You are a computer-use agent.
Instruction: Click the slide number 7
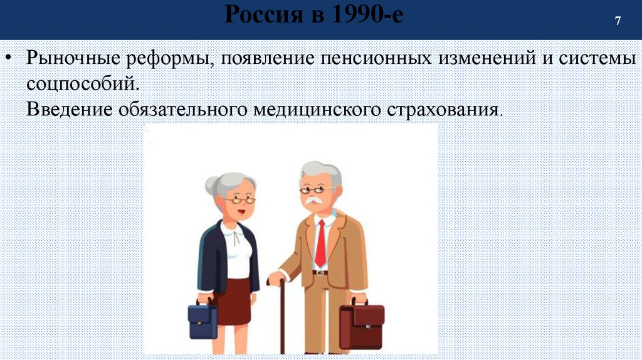tap(618, 21)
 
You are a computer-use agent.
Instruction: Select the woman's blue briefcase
tap(203, 320)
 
